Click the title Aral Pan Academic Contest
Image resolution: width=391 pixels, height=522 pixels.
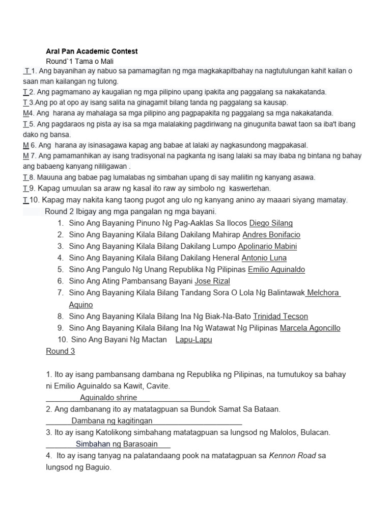(92, 51)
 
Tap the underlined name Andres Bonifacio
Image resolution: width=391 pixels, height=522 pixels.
(271, 234)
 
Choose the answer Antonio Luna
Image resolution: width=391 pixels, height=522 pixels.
(264, 258)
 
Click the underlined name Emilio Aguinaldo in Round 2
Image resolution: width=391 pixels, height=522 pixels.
(276, 269)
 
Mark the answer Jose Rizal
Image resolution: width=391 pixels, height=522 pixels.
(212, 281)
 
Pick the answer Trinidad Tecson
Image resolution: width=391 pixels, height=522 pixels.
(281, 317)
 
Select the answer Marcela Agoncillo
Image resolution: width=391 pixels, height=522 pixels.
(310, 328)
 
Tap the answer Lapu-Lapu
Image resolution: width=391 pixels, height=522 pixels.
(193, 340)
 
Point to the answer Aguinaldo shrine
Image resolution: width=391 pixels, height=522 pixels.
(108, 398)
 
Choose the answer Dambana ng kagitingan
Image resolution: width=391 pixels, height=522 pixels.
(111, 421)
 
